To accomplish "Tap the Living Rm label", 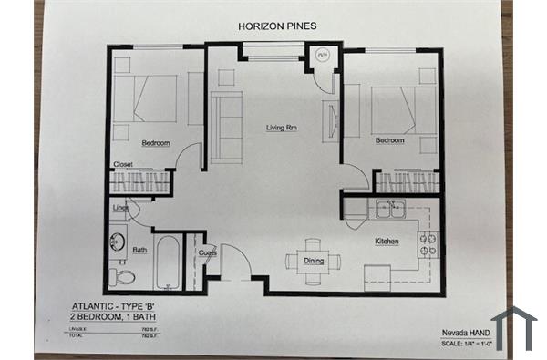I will coord(282,128).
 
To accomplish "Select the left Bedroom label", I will coord(157,143).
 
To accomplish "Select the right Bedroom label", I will coord(389,140).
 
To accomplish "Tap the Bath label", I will coord(139,250).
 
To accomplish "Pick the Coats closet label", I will coord(206,252).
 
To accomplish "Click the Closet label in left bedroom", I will coord(124,164).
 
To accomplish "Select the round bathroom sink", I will coord(118,243).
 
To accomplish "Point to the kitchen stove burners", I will coord(427,243).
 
